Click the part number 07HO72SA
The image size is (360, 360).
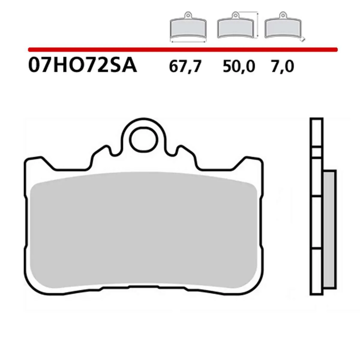click(x=82, y=66)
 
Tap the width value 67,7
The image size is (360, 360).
click(x=184, y=67)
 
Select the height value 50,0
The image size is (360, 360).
click(x=239, y=67)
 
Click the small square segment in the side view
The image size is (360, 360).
click(x=316, y=153)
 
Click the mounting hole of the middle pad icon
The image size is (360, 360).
click(x=234, y=14)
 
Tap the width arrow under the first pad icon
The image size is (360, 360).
click(x=188, y=42)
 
